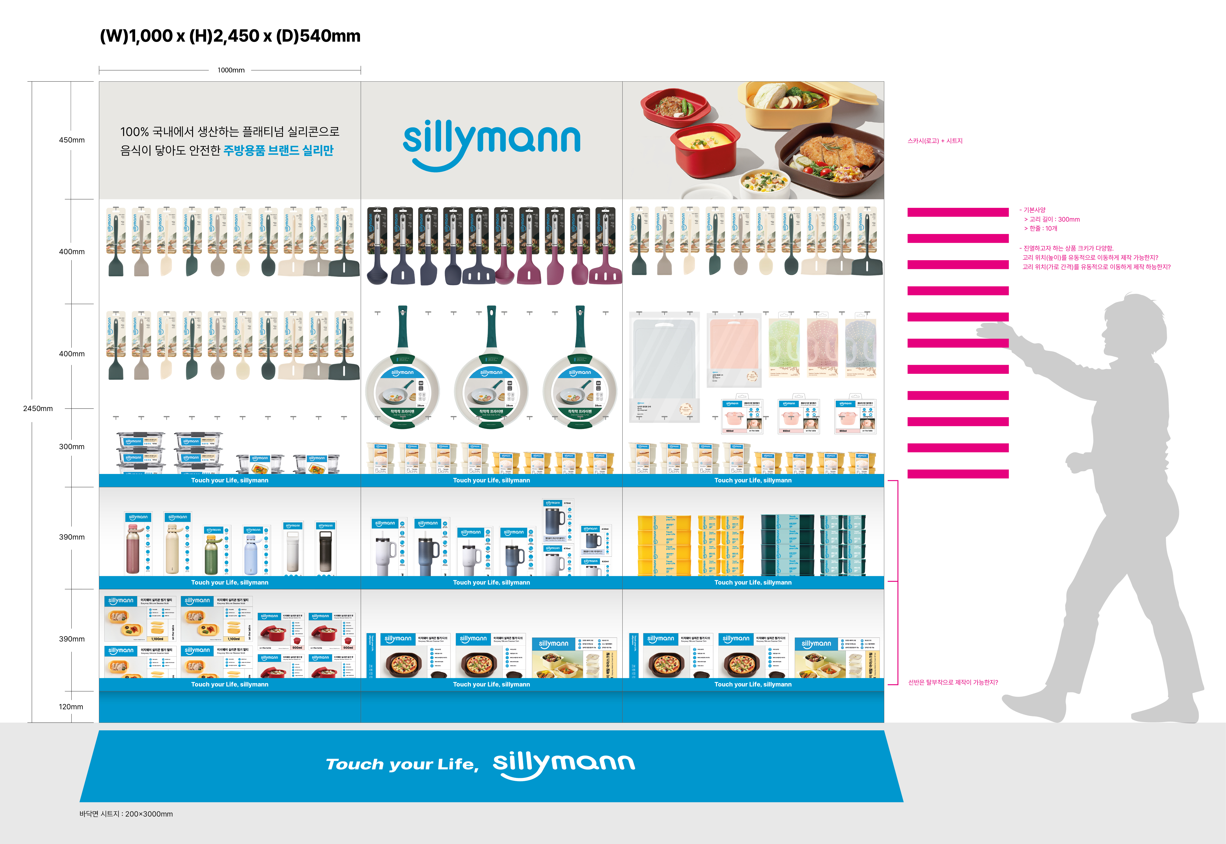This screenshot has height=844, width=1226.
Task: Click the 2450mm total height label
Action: pyautogui.click(x=38, y=408)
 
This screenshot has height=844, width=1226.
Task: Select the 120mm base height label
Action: pyautogui.click(x=71, y=706)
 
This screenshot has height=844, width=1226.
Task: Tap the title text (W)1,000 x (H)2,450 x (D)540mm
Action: pyautogui.click(x=230, y=36)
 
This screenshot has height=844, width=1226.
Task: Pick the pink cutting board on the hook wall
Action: pyautogui.click(x=734, y=349)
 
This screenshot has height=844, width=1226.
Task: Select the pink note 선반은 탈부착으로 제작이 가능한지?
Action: pyautogui.click(x=953, y=682)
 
